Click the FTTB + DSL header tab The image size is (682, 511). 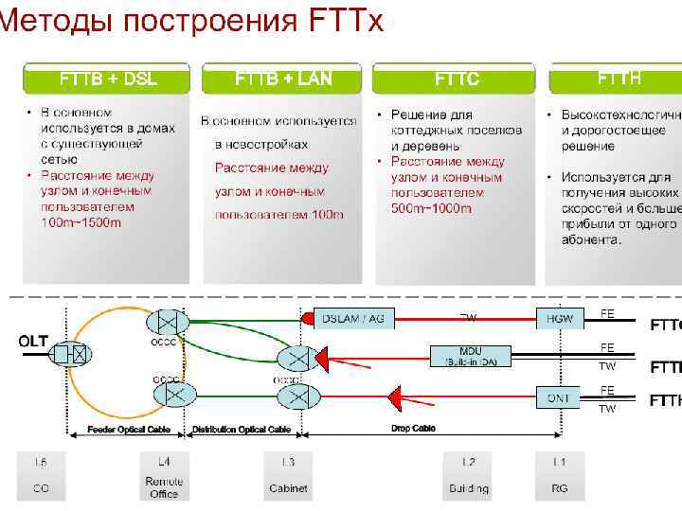coord(108,79)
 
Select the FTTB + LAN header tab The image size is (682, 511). coord(283,79)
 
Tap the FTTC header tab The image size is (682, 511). coord(457,79)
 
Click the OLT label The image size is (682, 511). coord(33,341)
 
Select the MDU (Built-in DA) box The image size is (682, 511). coord(471,355)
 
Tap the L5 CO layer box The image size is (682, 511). coord(41,475)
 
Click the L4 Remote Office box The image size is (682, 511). coord(164,475)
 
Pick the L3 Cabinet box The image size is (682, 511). coord(288,475)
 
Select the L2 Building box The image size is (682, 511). coord(469,475)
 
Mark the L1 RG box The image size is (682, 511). coord(560,475)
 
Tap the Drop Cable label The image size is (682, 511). coord(413,429)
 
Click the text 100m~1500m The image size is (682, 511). coord(81,222)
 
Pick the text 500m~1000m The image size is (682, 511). coord(431,207)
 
